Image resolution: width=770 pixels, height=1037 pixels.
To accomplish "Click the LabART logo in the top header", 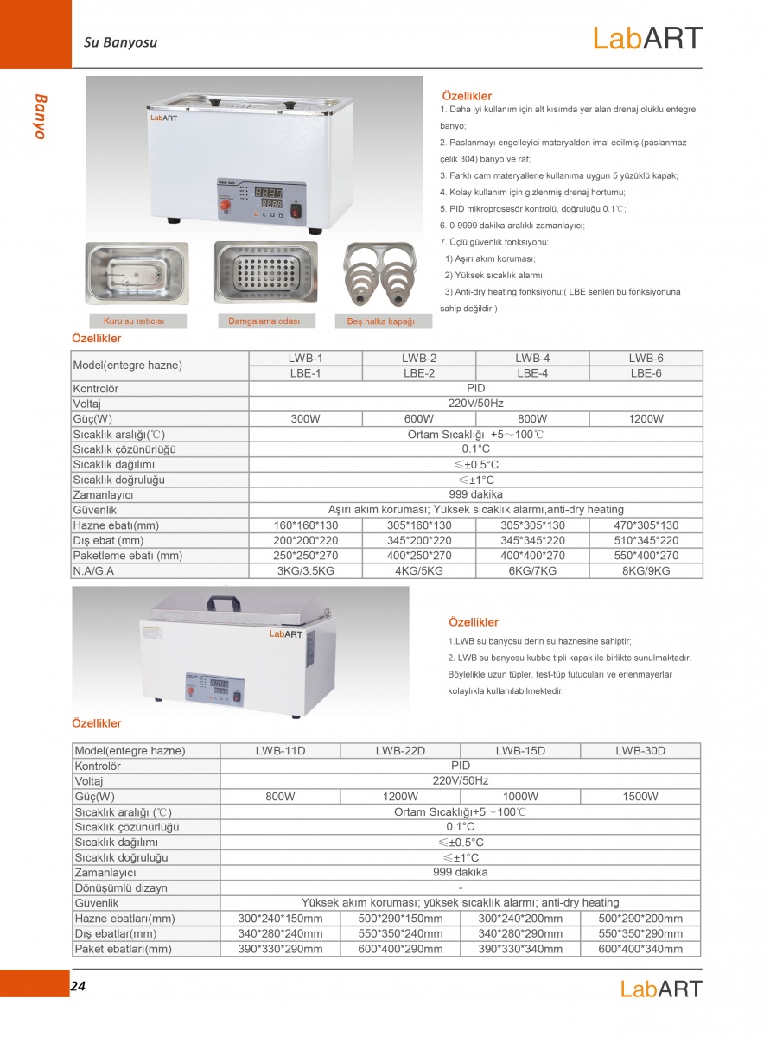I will click(647, 38).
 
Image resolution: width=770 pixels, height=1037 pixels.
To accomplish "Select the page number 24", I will click(78, 985).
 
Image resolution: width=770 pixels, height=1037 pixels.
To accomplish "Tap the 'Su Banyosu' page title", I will click(120, 41).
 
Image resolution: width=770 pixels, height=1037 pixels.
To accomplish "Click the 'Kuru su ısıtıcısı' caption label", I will click(133, 321).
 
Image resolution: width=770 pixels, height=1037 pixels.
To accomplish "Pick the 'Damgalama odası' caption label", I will click(264, 321).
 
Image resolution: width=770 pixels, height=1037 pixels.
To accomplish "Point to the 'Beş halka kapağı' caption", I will click(381, 321).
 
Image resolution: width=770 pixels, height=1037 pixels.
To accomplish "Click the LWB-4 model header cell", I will click(532, 358).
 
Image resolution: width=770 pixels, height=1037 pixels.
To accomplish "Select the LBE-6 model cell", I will click(646, 373).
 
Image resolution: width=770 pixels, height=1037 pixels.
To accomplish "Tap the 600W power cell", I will click(418, 419).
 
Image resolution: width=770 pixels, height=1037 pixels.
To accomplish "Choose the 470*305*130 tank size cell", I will click(646, 525).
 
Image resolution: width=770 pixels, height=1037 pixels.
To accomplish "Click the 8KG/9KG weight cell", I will click(646, 571).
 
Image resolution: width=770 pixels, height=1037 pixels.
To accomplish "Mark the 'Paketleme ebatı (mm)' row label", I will click(128, 556).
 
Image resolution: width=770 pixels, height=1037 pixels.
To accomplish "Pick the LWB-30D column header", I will click(640, 750).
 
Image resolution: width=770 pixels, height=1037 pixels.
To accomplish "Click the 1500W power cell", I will click(640, 797).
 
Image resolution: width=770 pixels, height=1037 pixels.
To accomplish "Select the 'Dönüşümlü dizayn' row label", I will click(121, 887).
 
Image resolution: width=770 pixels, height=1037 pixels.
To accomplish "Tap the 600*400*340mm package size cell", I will click(640, 949).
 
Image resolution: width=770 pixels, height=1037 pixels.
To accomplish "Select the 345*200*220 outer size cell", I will click(418, 541).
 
